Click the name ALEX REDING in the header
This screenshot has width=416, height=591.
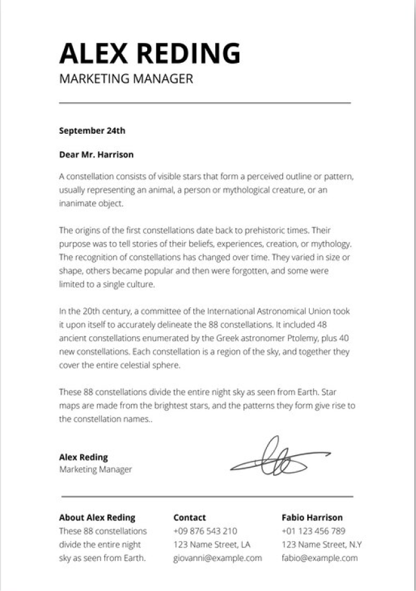pos(150,53)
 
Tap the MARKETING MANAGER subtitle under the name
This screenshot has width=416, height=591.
pos(125,79)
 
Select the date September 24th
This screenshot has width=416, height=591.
pos(92,131)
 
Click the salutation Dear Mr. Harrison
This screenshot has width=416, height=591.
pos(96,154)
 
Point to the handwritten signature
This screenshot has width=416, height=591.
pos(278,457)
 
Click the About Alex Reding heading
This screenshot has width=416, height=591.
pos(97,517)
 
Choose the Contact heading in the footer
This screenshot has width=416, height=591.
pos(189,517)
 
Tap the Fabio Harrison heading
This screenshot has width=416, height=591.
pos(312,517)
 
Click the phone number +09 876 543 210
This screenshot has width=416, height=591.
pos(205,531)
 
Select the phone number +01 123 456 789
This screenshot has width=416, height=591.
pos(313,531)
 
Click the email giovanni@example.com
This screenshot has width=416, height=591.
pos(218,558)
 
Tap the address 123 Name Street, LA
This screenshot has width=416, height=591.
pos(212,544)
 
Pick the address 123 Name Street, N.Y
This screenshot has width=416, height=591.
pos(321,544)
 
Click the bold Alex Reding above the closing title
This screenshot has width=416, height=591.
pos(83,457)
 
